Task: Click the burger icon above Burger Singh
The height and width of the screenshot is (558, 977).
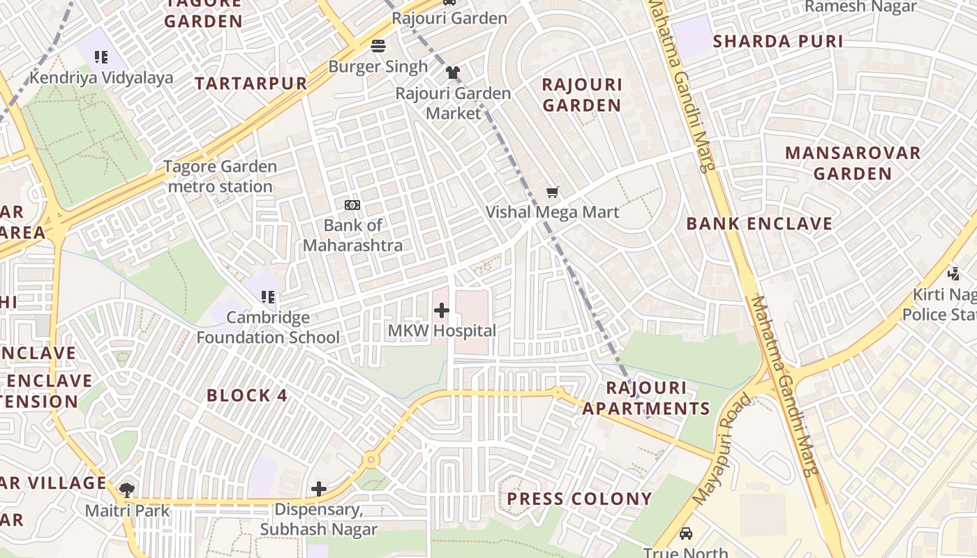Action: click(378, 47)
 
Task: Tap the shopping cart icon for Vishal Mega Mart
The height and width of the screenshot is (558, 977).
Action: click(553, 192)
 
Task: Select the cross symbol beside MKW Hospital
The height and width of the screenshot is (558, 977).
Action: click(442, 310)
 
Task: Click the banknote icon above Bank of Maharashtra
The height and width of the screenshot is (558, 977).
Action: click(352, 205)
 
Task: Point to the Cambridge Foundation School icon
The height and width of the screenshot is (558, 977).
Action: click(268, 298)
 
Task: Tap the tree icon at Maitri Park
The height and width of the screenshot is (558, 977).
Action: click(127, 490)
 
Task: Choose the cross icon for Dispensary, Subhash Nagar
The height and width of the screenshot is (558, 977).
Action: click(319, 489)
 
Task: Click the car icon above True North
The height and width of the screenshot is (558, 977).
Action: click(686, 534)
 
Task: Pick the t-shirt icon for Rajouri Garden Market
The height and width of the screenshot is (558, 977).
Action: click(453, 73)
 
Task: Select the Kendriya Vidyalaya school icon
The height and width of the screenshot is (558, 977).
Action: click(101, 57)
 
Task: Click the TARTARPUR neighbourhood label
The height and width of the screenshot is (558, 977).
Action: click(251, 84)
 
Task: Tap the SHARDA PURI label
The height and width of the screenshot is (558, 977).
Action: click(778, 41)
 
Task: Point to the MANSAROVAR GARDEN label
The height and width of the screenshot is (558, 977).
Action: click(853, 163)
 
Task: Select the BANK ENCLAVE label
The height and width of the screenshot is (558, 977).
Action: click(759, 224)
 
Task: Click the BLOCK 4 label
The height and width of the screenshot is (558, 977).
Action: click(247, 395)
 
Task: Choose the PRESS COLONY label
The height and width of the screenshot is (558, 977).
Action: click(579, 499)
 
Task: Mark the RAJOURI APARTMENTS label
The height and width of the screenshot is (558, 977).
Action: click(646, 398)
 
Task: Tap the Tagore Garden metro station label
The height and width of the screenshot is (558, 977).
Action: click(221, 176)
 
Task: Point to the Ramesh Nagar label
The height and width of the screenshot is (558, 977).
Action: click(860, 7)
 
